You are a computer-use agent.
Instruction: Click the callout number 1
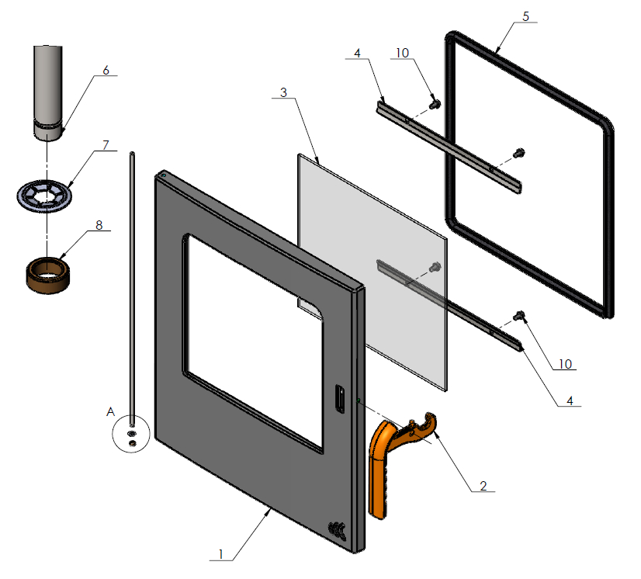tap(221, 553)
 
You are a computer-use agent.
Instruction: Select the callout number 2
tap(483, 486)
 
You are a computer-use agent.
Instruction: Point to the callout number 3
tap(283, 92)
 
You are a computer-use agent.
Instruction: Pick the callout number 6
tap(106, 71)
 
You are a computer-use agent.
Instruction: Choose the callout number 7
tap(106, 145)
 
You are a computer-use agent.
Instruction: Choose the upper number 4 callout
tap(356, 54)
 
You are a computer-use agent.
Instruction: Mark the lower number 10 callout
tap(565, 363)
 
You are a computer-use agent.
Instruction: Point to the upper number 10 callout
tap(402, 54)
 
